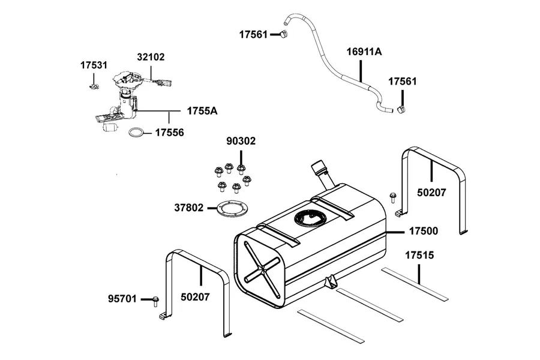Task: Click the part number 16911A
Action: pos(364,52)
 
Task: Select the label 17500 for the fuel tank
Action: pos(423,231)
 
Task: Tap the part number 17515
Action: pos(419,255)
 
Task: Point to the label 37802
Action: pos(189,208)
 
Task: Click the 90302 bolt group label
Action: pos(241,141)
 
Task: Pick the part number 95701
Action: pos(122,299)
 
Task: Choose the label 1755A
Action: pos(202,111)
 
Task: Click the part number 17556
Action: pos(169,132)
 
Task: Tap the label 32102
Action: pos(151,57)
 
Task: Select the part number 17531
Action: pos(94,65)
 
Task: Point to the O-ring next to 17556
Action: pos(137,133)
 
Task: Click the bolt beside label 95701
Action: pos(155,301)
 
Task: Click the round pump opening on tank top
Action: pos(309,218)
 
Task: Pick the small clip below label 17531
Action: pos(94,86)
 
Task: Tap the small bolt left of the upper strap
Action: pos(392,198)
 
